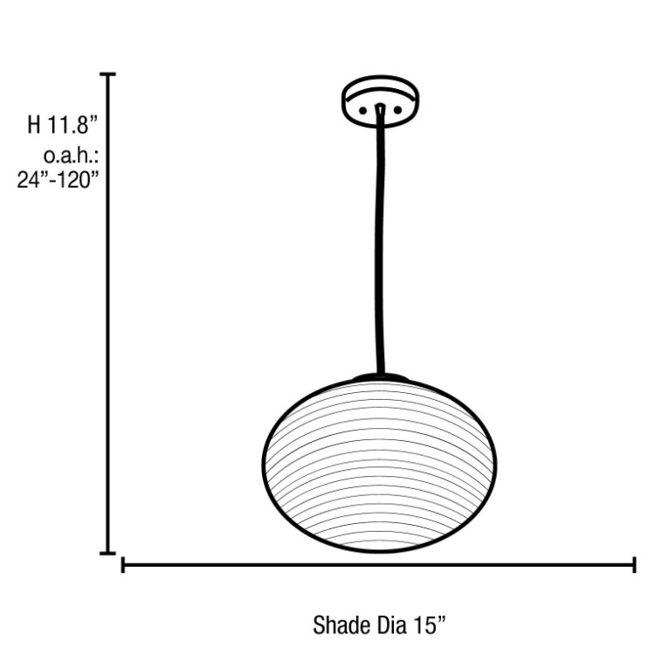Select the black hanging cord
point(380,245)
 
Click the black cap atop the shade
point(380,377)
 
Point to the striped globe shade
point(379,467)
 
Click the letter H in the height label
point(34,124)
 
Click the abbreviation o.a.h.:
point(70,156)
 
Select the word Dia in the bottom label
point(390,625)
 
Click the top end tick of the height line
point(108,76)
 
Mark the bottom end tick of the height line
point(108,552)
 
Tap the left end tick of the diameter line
point(123,565)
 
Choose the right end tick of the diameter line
point(633,565)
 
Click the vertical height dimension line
point(108,314)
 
